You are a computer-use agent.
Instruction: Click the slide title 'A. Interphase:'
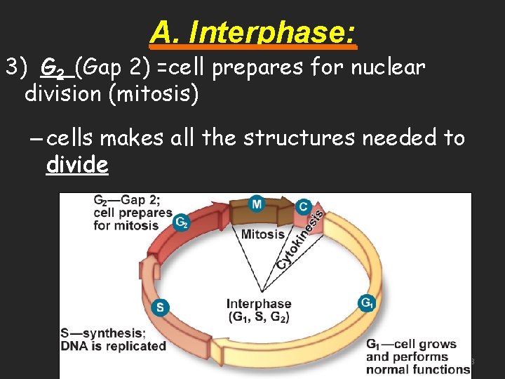[253, 32]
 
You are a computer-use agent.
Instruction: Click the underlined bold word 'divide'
[77, 165]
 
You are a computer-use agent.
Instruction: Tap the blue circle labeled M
[257, 204]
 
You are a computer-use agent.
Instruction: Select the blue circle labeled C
[303, 206]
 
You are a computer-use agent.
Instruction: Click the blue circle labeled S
[160, 307]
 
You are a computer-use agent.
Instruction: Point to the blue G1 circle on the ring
[367, 303]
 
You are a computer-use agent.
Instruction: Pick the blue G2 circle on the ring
[182, 222]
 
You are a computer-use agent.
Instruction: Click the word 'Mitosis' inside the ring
[263, 234]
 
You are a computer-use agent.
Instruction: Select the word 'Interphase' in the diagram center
[259, 304]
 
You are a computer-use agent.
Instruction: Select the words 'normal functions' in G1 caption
[418, 369]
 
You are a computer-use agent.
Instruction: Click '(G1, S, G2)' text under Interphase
[259, 317]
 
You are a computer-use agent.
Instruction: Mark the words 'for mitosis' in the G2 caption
[126, 225]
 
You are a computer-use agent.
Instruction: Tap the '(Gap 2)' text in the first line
[109, 68]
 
